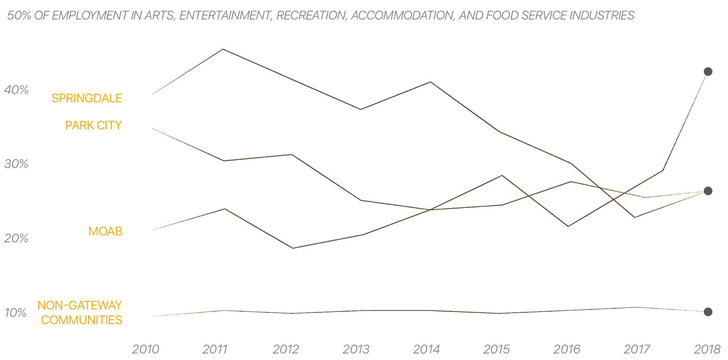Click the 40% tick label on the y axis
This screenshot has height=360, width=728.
coord(16,90)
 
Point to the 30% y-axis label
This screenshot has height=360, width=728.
coord(16,164)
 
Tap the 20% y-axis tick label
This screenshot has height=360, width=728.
coord(16,239)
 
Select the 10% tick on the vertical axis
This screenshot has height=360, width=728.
coord(15,313)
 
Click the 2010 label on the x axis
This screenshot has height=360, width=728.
coord(145,349)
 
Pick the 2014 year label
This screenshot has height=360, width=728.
coord(426,349)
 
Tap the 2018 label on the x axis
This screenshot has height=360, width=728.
coord(707,349)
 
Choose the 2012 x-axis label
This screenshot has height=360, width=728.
coord(286,349)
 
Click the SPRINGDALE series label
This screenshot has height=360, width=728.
coord(86,98)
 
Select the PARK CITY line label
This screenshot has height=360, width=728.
coord(93,125)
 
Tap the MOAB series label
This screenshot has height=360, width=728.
coord(105,231)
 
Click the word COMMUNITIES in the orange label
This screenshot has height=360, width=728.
coord(81,320)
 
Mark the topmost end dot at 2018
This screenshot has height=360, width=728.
coord(708,71)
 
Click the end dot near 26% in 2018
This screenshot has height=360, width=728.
coord(708,191)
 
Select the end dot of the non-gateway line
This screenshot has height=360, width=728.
coord(708,312)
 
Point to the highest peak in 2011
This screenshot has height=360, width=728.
coord(223,49)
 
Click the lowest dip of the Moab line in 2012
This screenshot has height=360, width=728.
coord(293,248)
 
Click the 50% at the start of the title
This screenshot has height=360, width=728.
coord(19,15)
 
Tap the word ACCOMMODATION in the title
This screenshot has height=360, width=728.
coord(402,15)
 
